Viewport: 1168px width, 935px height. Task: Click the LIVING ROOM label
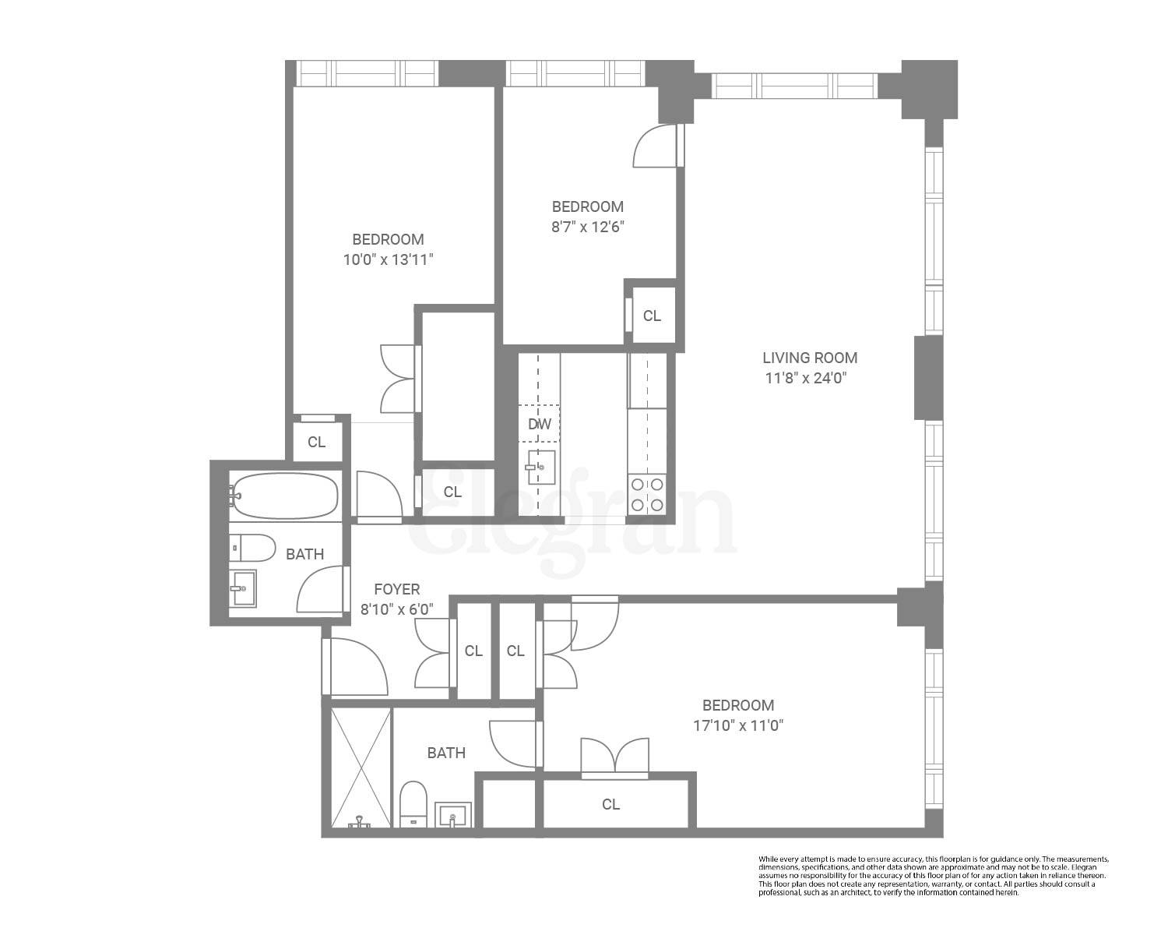tap(810, 358)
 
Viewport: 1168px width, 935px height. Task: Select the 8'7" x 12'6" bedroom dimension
tap(588, 228)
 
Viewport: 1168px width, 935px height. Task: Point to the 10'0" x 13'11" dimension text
tap(388, 260)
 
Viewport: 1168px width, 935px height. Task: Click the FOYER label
tap(396, 590)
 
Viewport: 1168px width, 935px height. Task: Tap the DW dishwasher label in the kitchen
tap(539, 425)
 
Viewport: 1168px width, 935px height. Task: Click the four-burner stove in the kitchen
tap(647, 495)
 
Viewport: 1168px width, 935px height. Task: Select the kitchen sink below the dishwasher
tap(540, 467)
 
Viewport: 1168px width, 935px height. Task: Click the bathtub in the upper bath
tap(286, 496)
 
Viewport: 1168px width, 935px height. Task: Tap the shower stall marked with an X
tap(357, 767)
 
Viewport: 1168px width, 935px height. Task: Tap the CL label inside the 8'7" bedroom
tap(652, 316)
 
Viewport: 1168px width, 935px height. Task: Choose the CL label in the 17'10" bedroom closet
tap(610, 804)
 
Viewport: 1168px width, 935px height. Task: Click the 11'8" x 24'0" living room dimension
tap(806, 379)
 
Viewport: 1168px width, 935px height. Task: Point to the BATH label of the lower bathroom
tap(446, 753)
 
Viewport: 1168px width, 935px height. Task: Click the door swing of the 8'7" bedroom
tap(656, 148)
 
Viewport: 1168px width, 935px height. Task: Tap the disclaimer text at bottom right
tap(933, 875)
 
